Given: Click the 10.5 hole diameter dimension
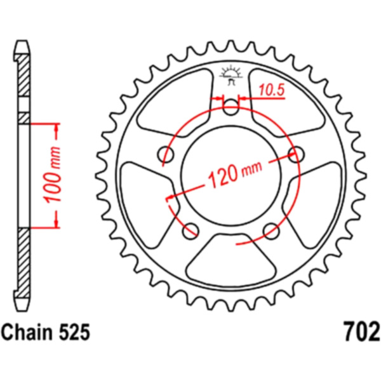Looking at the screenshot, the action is [x=271, y=90].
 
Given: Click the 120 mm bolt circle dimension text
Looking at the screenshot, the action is [x=235, y=173].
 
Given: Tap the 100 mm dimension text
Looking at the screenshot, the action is [x=52, y=174].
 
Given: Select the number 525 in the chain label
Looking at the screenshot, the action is [x=74, y=332].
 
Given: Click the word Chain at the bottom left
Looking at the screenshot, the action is [x=27, y=332].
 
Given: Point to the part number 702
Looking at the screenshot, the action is [x=361, y=332].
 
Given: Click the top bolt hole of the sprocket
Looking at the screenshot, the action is [x=231, y=107].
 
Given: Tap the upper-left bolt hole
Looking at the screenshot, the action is [x=166, y=154].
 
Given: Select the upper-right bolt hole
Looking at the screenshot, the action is [x=296, y=154].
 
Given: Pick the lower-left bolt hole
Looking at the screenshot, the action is [x=190, y=231].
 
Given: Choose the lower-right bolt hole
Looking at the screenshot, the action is [x=271, y=231].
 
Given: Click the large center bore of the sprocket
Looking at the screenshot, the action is [x=231, y=176].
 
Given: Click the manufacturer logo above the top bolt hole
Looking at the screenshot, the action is [x=231, y=75].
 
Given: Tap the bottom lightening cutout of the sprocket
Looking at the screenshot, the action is [x=231, y=259].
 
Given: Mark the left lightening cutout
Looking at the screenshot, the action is [x=148, y=204].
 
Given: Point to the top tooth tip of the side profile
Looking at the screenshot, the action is [x=22, y=41].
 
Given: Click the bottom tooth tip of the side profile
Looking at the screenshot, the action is [x=22, y=311].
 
